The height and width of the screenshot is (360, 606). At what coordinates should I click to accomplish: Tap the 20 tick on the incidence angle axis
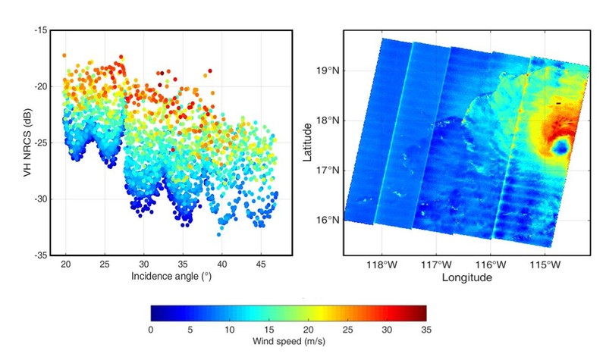(x=66, y=265)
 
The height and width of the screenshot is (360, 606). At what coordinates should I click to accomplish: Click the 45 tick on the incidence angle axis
(x=261, y=265)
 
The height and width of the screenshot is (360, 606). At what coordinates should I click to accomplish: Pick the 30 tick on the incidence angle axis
(x=144, y=265)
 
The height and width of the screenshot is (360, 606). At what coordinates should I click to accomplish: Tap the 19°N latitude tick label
(x=330, y=70)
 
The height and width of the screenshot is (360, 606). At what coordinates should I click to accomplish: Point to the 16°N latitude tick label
(x=330, y=221)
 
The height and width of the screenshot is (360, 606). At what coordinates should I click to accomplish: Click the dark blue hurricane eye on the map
(x=560, y=147)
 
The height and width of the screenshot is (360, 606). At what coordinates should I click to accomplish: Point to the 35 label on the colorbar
(x=425, y=329)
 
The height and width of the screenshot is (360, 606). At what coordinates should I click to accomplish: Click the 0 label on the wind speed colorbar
(x=151, y=329)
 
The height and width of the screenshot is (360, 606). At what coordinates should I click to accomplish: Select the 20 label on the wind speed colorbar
(x=308, y=329)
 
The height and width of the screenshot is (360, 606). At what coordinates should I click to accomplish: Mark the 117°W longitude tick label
(x=437, y=265)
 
